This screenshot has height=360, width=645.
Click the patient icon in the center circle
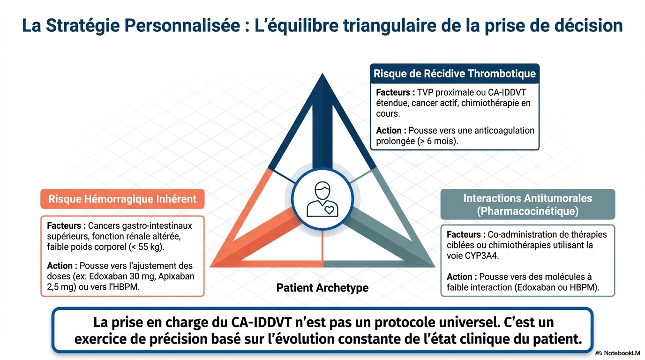pos(322,199)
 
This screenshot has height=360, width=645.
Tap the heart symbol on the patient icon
pos(329,210)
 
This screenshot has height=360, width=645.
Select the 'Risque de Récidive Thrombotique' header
pos(455,74)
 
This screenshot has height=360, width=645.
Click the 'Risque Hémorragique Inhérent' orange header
pos(122,199)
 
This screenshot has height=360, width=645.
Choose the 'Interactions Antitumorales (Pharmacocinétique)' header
pos(527,204)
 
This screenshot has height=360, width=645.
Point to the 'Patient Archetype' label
pos(322,288)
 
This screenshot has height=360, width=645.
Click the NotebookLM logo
pos(618,353)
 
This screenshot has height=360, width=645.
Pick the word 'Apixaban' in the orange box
pos(176,276)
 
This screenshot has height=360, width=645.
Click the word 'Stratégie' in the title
pos(83,25)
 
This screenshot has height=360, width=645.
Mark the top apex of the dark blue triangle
pos(322,73)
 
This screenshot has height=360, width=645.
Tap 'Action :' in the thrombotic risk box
pos(391,130)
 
